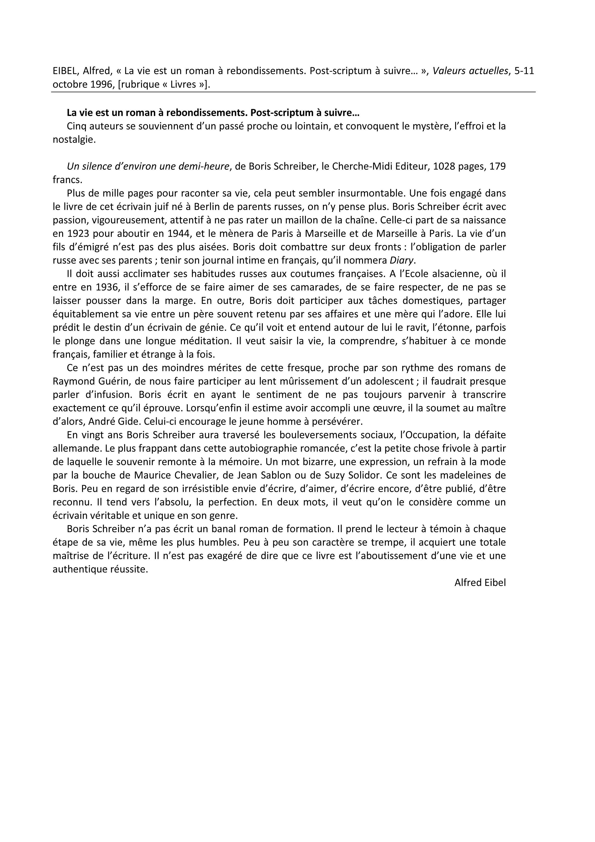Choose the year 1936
101,288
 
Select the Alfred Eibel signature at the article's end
480,583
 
